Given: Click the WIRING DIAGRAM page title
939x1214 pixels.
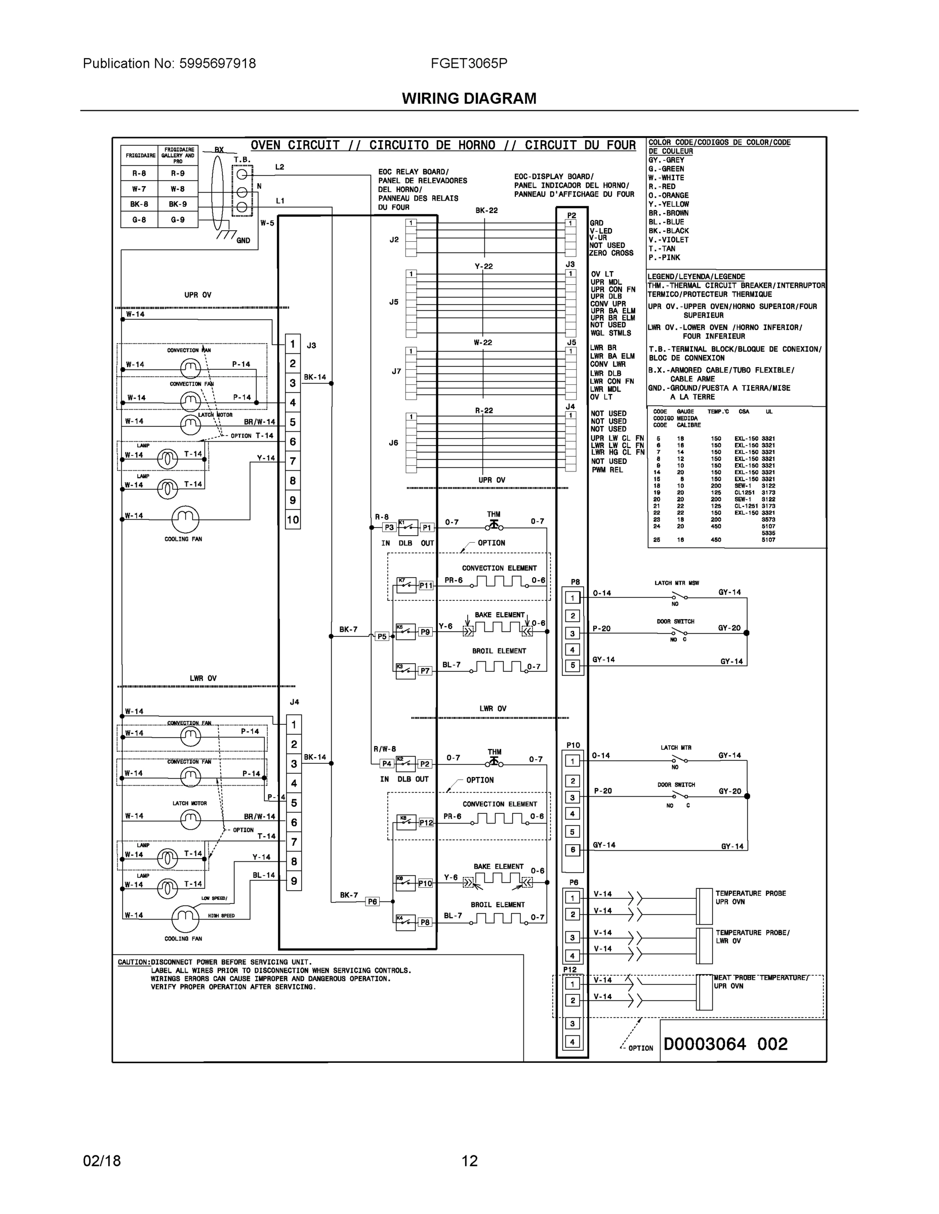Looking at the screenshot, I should [469, 99].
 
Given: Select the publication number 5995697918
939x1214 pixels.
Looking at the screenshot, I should [217, 63].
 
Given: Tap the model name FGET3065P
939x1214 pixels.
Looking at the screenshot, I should [469, 63].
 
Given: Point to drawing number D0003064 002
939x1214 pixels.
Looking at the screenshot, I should [725, 1044].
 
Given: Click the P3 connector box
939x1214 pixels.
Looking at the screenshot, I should [389, 528].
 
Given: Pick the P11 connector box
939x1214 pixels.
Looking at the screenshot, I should [426, 585].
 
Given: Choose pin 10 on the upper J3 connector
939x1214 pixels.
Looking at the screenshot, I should [293, 519].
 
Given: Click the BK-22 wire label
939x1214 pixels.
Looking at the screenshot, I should [486, 210].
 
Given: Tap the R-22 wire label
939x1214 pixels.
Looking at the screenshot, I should [483, 411].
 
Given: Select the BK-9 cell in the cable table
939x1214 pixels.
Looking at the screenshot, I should [178, 204].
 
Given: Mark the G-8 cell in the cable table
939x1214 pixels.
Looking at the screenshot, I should [139, 220].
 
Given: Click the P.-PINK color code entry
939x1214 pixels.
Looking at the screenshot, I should [664, 257].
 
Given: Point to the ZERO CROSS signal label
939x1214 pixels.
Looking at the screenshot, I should [611, 253].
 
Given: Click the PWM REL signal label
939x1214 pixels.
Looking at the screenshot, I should [607, 470].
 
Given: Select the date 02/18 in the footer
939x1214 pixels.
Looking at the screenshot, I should [102, 1161].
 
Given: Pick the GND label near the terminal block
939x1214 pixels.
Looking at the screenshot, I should [243, 241].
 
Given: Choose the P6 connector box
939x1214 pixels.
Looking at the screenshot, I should [372, 901].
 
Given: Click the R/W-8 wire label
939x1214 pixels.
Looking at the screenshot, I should [384, 749].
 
